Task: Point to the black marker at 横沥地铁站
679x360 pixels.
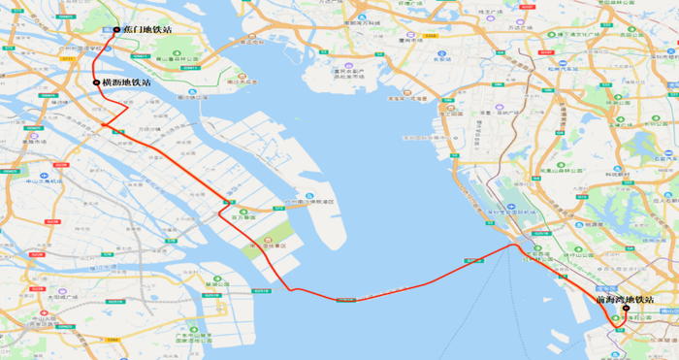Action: [x=97, y=83]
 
